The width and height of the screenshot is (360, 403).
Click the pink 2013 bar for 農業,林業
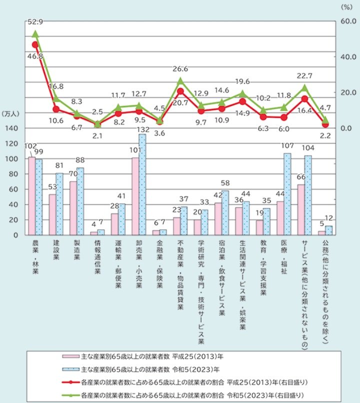tap(31, 196)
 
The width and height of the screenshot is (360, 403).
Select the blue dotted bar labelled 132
tap(142, 184)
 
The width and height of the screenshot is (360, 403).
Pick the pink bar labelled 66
tap(300, 209)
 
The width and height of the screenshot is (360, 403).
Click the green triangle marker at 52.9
tap(35, 33)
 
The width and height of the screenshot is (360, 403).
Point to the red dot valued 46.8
tap(35, 44)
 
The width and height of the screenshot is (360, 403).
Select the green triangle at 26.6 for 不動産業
tap(180, 80)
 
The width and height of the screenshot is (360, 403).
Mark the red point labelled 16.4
tap(304, 98)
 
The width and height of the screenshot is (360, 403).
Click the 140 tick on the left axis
tap(13, 128)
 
